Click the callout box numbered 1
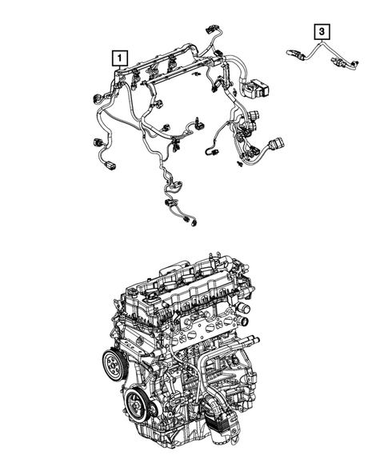[x=118, y=58]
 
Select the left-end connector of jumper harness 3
[x=293, y=54]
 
